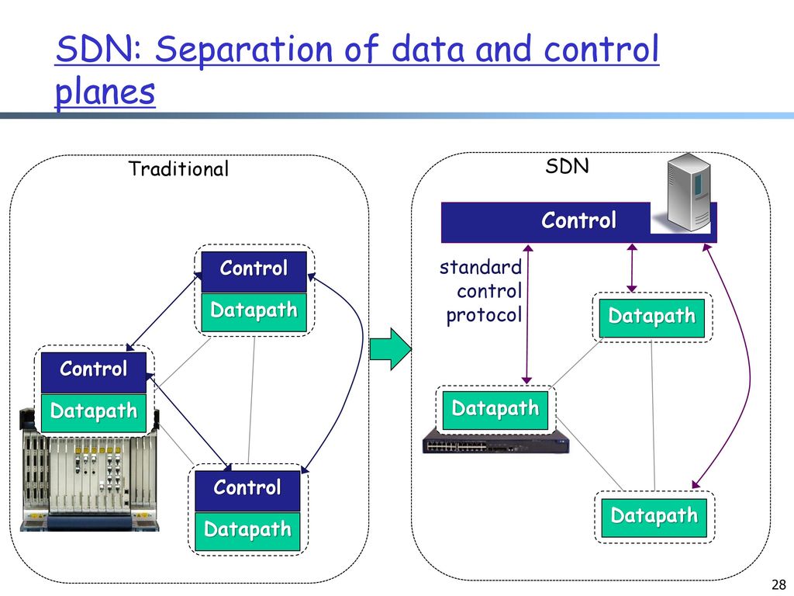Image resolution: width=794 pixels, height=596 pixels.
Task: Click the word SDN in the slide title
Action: pyautogui.click(x=99, y=49)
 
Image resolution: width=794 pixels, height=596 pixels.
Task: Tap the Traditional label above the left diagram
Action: pyautogui.click(x=178, y=168)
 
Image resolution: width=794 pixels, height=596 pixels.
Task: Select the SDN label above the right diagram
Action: pyautogui.click(x=567, y=166)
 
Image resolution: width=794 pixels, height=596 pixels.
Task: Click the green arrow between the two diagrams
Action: pyautogui.click(x=391, y=349)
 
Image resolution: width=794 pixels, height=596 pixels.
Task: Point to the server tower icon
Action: pyautogui.click(x=689, y=192)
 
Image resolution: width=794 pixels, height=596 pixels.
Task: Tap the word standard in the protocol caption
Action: pyautogui.click(x=480, y=267)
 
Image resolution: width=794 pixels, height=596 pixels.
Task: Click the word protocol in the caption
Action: pyautogui.click(x=484, y=315)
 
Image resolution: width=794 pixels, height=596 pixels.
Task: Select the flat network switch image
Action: pyautogui.click(x=495, y=441)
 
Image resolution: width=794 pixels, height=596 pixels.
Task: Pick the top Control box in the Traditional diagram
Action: pyautogui.click(x=254, y=272)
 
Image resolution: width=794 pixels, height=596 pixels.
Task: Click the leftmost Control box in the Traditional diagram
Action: pyautogui.click(x=94, y=372)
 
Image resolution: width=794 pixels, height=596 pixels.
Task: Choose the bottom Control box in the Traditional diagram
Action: pyautogui.click(x=247, y=491)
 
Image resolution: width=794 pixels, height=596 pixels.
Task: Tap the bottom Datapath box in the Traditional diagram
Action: pyautogui.click(x=247, y=531)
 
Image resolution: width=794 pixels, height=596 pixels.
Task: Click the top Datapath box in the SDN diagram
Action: pyautogui.click(x=651, y=317)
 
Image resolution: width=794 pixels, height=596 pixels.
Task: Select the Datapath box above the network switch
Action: pyautogui.click(x=495, y=410)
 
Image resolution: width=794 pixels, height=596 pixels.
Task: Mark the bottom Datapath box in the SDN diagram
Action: pyautogui.click(x=654, y=518)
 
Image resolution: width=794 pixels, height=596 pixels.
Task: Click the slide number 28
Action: pyautogui.click(x=778, y=584)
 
